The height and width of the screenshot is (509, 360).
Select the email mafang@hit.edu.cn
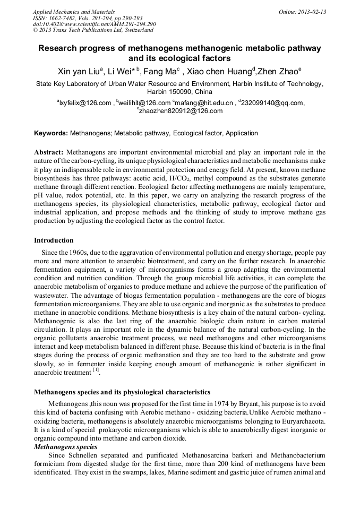click(x=205, y=103)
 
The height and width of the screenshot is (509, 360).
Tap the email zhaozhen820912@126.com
click(x=181, y=111)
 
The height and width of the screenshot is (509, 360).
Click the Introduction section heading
click(x=54, y=240)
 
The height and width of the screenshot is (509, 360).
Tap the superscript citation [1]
click(x=96, y=370)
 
